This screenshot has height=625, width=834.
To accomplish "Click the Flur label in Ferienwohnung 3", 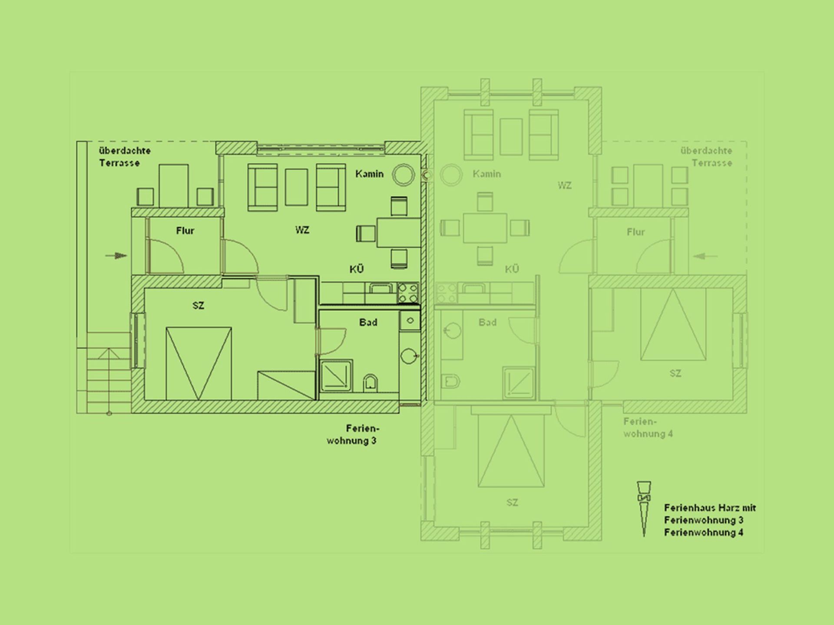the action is click(x=185, y=230).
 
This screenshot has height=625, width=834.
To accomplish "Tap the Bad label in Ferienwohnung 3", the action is click(x=368, y=322).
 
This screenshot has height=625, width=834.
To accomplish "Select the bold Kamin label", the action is click(x=369, y=174).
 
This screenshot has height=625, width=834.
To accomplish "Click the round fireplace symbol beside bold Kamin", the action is click(x=403, y=174).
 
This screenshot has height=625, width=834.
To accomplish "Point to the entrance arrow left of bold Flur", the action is click(x=116, y=256).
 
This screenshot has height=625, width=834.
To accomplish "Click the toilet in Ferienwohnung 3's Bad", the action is click(x=370, y=383).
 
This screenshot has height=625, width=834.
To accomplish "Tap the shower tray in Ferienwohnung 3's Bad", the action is click(x=336, y=376).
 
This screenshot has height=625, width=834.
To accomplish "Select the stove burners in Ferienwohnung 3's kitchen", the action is click(x=408, y=293).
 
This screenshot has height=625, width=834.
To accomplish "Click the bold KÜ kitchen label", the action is click(x=357, y=269).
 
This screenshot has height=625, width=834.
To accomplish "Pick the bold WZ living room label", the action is click(x=302, y=230).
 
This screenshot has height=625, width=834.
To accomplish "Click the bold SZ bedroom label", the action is click(x=198, y=306).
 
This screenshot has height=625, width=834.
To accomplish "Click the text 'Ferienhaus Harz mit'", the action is click(x=710, y=508).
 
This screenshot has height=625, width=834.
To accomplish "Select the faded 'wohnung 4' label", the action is click(x=648, y=434).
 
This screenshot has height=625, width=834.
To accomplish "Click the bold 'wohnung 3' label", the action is click(x=351, y=441).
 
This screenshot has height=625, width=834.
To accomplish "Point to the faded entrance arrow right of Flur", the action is click(x=705, y=256).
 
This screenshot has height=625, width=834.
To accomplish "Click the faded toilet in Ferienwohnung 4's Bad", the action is click(x=451, y=382).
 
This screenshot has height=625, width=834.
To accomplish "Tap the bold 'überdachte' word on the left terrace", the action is click(x=125, y=151).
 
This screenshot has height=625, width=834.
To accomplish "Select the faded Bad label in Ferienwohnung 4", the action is click(x=487, y=322).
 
